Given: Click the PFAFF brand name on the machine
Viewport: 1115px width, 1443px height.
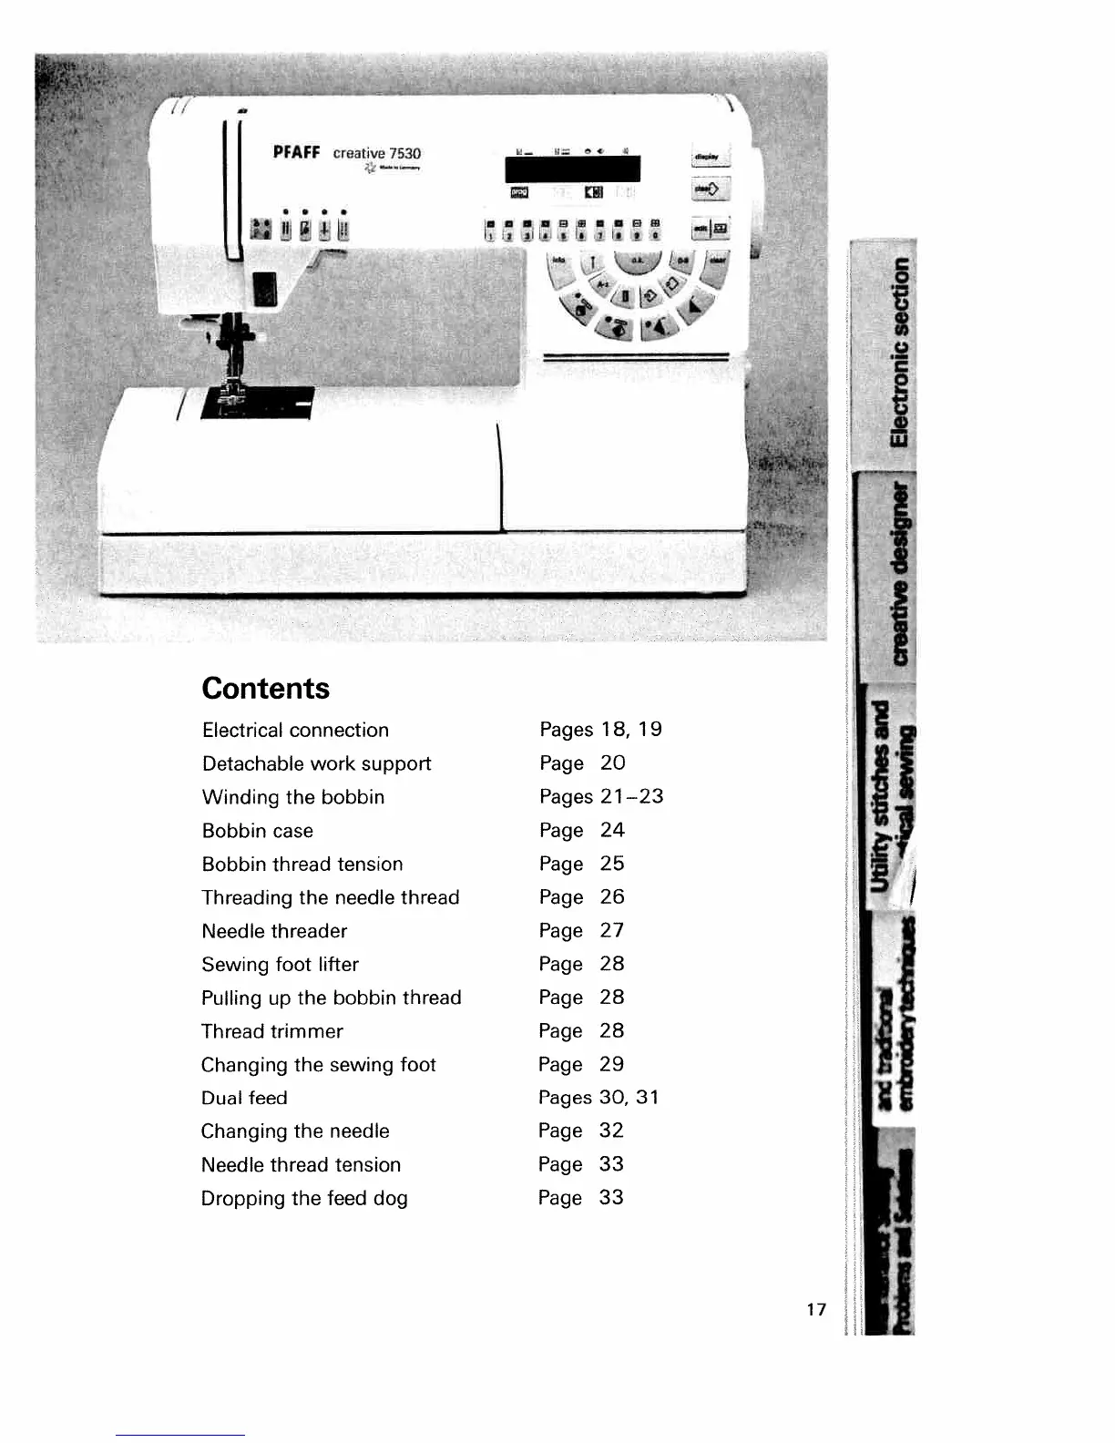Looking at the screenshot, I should pos(296,152).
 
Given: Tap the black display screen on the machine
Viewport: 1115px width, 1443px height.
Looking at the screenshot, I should pos(572,169).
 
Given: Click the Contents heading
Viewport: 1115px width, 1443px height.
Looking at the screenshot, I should pos(265,688).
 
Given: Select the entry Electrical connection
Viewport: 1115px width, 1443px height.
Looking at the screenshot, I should pos(295,730).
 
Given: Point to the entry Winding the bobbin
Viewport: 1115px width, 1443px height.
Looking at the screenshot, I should pos(292,797).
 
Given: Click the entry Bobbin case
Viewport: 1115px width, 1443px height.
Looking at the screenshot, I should pos(257,831).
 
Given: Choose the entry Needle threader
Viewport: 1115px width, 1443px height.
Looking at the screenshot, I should pos(274,931).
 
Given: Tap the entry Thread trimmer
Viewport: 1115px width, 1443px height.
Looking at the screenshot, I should pos(271,1031).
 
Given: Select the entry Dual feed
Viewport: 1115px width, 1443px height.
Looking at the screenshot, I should pos(244,1098).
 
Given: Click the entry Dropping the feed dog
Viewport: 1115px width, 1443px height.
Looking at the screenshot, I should pos(304,1198).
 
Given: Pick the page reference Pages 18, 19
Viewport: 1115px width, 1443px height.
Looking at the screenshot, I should pos(600,730).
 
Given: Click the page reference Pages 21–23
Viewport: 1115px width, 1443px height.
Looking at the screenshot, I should pos(601,796).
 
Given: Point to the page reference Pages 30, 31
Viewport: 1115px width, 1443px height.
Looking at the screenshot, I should pos(598,1098).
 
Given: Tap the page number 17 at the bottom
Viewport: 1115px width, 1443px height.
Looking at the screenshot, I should pos(816,1309).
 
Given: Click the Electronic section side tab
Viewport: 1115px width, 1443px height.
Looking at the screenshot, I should pos(899,352).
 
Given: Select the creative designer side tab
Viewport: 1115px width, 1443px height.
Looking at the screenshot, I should pos(899,573).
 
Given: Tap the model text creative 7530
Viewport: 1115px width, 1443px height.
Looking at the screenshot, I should pos(376,153).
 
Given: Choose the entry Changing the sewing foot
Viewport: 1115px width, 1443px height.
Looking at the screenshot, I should pos(318,1065).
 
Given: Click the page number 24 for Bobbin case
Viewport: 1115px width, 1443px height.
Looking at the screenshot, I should pos(612,830).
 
